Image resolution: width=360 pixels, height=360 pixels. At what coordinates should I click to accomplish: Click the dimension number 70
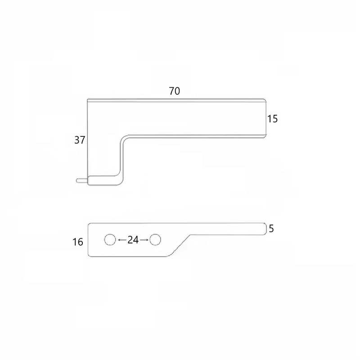point(175,91)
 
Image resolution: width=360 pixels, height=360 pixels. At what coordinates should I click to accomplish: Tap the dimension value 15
point(273,119)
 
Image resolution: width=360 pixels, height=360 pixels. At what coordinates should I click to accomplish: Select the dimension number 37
point(80,140)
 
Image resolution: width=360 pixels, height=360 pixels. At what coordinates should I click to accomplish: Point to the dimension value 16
point(78,242)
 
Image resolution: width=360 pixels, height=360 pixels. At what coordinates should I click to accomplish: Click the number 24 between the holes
point(133,240)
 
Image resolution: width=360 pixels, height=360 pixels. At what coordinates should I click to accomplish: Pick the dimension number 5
point(271,229)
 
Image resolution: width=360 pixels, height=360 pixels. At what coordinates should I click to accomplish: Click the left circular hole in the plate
point(110,240)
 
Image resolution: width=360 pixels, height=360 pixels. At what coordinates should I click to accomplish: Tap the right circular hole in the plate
point(155,240)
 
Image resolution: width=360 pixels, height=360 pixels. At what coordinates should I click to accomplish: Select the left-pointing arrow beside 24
point(122,240)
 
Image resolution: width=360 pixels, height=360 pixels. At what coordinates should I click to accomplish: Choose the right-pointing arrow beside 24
point(144,240)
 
